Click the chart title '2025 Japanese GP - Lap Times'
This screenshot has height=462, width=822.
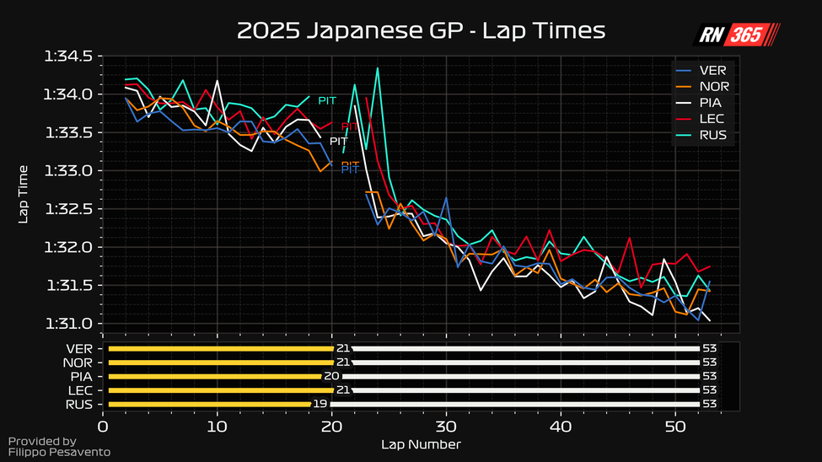tap(421, 30)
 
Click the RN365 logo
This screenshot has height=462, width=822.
tap(737, 35)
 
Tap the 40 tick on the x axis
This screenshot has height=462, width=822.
tap(561, 427)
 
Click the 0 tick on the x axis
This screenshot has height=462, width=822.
tap(103, 427)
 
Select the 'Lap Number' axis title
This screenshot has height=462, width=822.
tap(421, 444)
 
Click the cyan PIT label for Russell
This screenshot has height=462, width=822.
tap(327, 100)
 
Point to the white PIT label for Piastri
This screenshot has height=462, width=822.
tap(339, 141)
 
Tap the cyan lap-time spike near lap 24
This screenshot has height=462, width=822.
tap(377, 68)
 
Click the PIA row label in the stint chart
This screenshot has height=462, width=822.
tap(81, 376)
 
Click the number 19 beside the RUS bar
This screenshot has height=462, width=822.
tap(320, 404)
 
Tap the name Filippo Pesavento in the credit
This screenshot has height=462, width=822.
tap(59, 453)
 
